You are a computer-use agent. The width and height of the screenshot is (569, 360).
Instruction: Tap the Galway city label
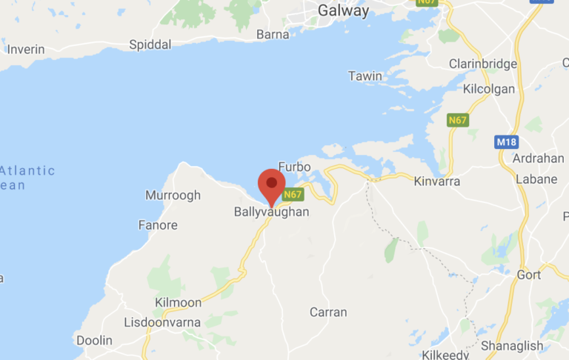(343, 10)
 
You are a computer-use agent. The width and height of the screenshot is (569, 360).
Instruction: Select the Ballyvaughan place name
(271, 212)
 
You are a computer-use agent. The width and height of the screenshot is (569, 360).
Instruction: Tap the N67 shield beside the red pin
(293, 195)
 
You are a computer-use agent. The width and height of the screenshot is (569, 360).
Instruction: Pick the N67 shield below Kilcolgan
(459, 119)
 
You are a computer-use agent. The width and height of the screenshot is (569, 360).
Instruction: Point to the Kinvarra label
(437, 181)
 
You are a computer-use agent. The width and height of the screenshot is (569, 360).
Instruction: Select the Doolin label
(94, 341)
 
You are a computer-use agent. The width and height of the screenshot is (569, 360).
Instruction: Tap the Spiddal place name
(150, 45)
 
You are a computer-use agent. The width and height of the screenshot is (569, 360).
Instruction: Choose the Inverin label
(26, 50)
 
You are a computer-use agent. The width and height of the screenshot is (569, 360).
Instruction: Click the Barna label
(273, 34)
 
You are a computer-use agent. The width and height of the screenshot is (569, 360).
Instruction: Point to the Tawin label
(365, 76)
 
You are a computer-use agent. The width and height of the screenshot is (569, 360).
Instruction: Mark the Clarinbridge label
(483, 64)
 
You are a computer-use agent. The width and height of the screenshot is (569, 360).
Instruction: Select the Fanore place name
(158, 225)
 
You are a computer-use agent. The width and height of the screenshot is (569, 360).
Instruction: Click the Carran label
(328, 312)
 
